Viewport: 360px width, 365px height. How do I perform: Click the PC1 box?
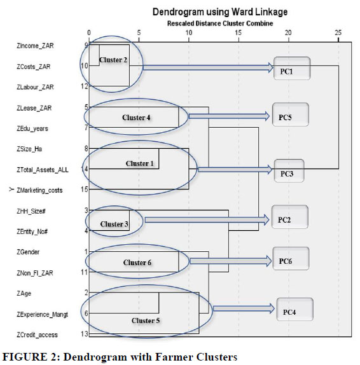[x=292, y=68]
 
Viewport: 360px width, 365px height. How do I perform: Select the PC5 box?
[x=291, y=114]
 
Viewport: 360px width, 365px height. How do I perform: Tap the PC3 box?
[x=289, y=170]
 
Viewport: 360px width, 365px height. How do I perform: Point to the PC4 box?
[x=294, y=310]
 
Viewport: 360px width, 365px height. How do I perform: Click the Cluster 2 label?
[x=113, y=60]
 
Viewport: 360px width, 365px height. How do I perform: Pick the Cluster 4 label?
[x=136, y=118]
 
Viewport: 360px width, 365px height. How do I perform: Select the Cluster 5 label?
[x=146, y=320]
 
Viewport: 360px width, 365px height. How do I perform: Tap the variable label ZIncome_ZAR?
[x=35, y=46]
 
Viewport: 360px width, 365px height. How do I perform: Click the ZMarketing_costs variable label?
[x=39, y=190]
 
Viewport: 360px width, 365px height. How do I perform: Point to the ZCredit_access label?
[x=37, y=334]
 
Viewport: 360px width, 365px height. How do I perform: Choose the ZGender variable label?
[x=28, y=252]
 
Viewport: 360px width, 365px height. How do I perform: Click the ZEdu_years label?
[x=32, y=128]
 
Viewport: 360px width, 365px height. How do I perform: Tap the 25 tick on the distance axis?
[x=338, y=32]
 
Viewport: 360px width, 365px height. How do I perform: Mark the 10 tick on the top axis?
[x=189, y=32]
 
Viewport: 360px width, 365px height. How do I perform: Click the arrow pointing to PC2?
[x=207, y=220]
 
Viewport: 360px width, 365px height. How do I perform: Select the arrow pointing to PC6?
[x=230, y=261]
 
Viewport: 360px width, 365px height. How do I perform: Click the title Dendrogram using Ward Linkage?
[x=220, y=11]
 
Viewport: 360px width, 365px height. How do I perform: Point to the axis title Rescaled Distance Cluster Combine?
[x=220, y=24]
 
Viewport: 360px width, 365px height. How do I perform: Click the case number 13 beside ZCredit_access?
[x=85, y=334]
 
